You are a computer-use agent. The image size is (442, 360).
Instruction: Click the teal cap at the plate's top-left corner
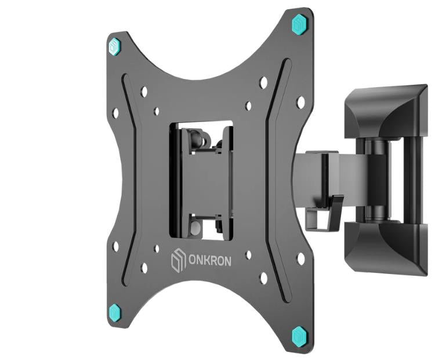click(114, 45)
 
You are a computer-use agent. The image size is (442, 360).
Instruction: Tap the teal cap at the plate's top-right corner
click(300, 25)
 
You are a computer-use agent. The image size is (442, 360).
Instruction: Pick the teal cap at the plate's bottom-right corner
click(300, 335)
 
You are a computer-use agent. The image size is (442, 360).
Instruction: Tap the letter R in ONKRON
click(212, 261)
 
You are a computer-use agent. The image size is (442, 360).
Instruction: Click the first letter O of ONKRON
click(190, 260)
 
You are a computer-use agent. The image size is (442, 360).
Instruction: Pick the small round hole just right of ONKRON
click(248, 254)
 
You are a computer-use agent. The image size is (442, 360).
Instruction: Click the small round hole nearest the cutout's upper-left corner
click(157, 110)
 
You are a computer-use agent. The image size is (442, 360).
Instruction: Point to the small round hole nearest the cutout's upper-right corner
click(248, 106)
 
